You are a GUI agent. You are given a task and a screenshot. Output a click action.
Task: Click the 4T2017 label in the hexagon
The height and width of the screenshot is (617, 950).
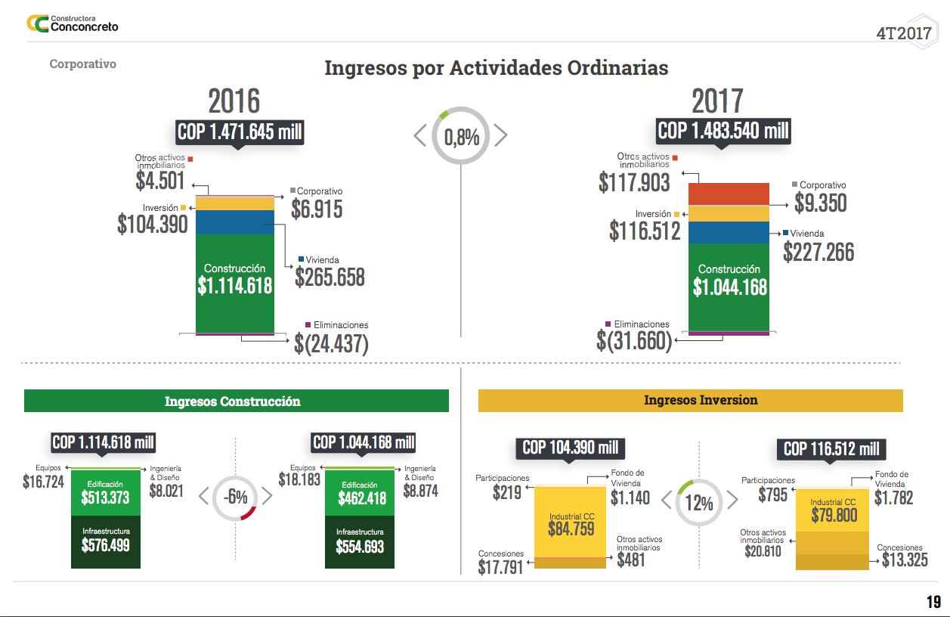click(x=904, y=33)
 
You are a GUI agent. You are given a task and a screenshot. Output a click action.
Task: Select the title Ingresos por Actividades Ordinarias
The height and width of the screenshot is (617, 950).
click(x=496, y=68)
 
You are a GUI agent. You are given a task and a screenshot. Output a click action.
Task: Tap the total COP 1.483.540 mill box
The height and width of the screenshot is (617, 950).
click(x=723, y=131)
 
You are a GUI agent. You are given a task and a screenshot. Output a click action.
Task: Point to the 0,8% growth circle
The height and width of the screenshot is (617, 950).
click(x=461, y=137)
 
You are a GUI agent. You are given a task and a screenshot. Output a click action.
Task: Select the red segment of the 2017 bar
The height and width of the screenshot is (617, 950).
click(x=729, y=194)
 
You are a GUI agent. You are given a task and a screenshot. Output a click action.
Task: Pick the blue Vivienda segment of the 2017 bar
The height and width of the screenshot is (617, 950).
click(x=729, y=232)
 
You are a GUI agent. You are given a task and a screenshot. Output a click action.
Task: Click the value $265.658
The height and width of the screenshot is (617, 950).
click(x=330, y=277)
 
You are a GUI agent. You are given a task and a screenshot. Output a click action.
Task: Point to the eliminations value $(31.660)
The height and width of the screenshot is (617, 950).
click(x=634, y=341)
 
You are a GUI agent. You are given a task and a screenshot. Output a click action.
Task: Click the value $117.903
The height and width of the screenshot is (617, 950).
click(x=634, y=182)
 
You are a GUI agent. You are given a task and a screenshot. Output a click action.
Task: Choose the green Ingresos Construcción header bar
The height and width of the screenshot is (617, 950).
click(x=237, y=401)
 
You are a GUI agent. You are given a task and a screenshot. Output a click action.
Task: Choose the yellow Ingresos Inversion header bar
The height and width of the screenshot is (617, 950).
click(x=690, y=400)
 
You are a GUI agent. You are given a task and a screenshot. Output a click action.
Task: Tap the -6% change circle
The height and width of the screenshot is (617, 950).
click(x=235, y=497)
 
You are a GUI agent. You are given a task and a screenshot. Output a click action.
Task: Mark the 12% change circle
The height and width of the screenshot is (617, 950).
click(x=700, y=502)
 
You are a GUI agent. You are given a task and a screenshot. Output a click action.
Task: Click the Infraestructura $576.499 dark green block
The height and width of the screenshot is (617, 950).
click(x=106, y=541)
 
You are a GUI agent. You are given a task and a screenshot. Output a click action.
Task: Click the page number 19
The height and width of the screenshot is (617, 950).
click(x=933, y=602)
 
